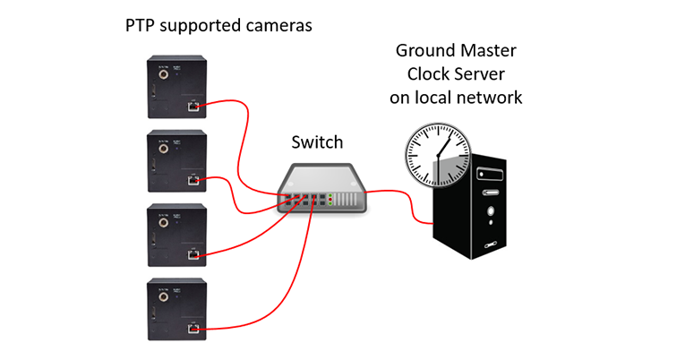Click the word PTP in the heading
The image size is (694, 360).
click(140, 25)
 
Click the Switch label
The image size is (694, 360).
click(317, 142)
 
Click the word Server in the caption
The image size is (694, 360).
click(481, 74)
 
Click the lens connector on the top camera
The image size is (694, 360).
click(164, 74)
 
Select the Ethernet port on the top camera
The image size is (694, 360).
click(193, 107)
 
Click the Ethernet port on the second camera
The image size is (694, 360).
click(193, 180)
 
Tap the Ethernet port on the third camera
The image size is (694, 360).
click(193, 254)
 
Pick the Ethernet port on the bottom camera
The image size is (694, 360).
click(193, 329)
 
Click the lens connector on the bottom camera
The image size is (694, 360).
click(164, 296)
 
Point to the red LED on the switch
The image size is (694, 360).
click(330, 200)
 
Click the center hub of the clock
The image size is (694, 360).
click(438, 156)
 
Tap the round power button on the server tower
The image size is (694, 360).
click(491, 211)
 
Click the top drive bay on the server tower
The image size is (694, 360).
click(490, 174)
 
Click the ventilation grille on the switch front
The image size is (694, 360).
click(346, 200)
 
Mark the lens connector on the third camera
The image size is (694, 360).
click(164, 222)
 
